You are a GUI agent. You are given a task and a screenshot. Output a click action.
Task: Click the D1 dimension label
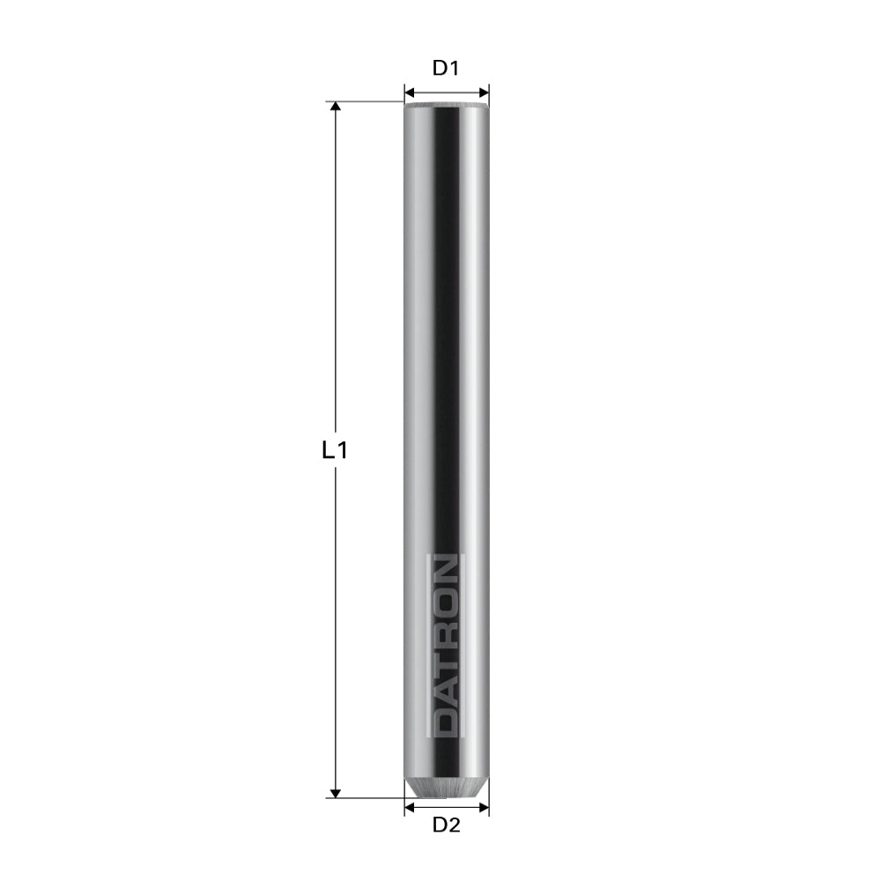(x=447, y=68)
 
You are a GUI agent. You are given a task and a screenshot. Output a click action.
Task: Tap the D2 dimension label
(x=447, y=825)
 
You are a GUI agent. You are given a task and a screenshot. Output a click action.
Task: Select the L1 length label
(x=334, y=451)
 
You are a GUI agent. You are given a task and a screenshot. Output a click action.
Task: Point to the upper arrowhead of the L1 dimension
(x=335, y=107)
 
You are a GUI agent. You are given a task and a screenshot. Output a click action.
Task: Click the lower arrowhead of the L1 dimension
(x=335, y=792)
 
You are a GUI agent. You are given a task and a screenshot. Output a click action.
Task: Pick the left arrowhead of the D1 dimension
(x=409, y=92)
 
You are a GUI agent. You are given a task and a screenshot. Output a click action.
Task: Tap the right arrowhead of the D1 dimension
(x=484, y=92)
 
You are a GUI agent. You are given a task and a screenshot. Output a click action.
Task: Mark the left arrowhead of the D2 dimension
(x=410, y=804)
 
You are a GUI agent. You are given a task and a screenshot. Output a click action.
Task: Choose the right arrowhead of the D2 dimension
(x=484, y=804)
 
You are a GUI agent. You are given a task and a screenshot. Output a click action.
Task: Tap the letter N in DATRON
(x=447, y=572)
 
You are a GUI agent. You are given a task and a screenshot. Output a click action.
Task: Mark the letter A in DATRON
(x=447, y=692)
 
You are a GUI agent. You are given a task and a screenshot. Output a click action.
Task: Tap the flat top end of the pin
(x=447, y=105)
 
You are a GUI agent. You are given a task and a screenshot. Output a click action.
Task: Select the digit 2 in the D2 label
(x=455, y=825)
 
